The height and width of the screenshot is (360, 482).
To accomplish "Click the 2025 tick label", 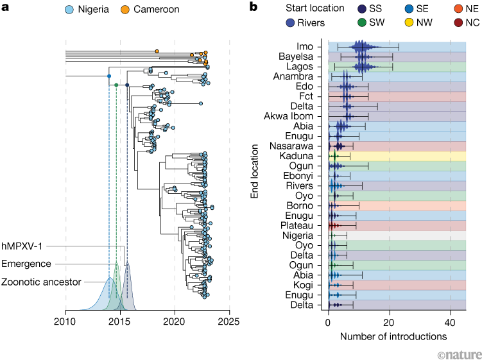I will click(x=229, y=320).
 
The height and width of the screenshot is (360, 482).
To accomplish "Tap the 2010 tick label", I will click(x=65, y=320).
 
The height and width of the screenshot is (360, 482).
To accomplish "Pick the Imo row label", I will click(x=305, y=46).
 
